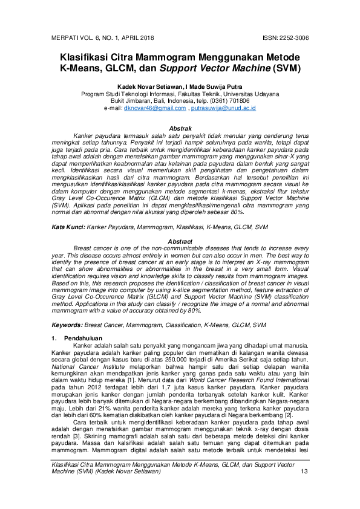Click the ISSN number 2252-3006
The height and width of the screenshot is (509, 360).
tap(290, 37)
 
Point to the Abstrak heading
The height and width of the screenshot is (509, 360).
tap(180, 129)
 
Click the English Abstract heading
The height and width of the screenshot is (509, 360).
tap(180, 242)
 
